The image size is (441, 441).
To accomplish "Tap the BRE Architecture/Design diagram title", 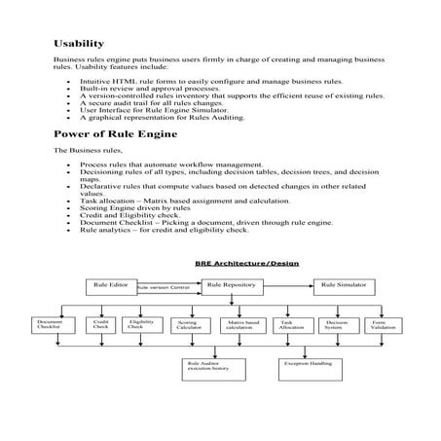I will pyautogui.click(x=247, y=264).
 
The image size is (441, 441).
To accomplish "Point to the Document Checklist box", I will pyautogui.click(x=49, y=325).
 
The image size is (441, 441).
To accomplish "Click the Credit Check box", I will pyautogui.click(x=100, y=324).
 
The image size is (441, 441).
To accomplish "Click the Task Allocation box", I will pyautogui.click(x=291, y=324).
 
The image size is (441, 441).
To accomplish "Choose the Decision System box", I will pyautogui.click(x=336, y=325).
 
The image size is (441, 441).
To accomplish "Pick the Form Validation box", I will pyautogui.click(x=384, y=325).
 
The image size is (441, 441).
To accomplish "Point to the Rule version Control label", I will pyautogui.click(x=163, y=289).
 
